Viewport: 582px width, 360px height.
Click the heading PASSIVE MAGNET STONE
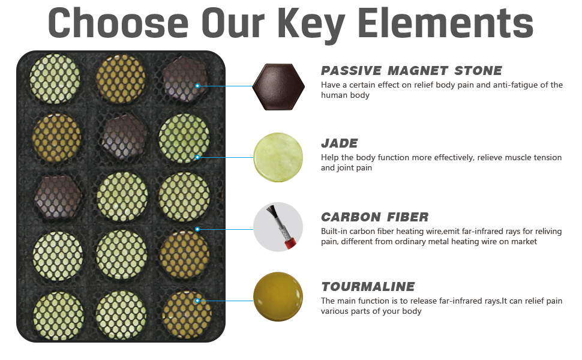[411, 71]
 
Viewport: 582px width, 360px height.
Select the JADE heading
[339, 143]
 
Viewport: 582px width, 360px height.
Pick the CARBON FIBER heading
[374, 217]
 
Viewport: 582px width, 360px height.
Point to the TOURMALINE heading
[368, 287]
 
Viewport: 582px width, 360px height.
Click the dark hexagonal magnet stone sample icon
[278, 87]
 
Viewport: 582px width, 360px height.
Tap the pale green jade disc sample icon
[278, 157]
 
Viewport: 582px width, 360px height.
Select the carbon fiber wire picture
[278, 227]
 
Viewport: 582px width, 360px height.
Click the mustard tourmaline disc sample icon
[278, 296]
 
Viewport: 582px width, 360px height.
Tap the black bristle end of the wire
[271, 211]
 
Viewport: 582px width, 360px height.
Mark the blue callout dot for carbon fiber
[197, 229]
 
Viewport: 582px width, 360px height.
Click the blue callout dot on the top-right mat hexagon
[197, 86]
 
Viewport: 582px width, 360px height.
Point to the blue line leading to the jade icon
[226, 157]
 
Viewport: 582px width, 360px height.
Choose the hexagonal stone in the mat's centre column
[124, 137]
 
